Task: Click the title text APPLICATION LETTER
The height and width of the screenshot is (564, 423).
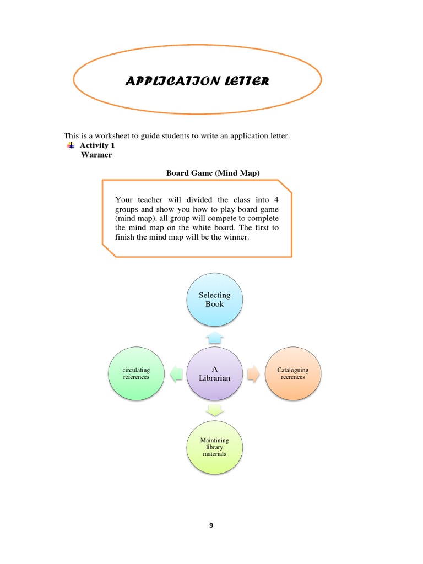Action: tap(198, 82)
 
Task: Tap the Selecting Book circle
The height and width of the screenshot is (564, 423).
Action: tap(214, 300)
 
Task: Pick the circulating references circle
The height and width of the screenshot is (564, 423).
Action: tap(136, 373)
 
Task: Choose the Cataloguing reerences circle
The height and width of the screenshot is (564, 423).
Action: tap(292, 373)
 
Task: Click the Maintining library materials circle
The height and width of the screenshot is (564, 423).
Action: tap(214, 447)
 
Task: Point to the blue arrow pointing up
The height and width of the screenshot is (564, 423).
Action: tap(214, 335)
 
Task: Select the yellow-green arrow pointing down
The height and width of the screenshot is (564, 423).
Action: tap(214, 410)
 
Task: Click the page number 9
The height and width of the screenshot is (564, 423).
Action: tap(211, 525)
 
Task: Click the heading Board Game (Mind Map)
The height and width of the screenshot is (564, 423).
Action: tap(213, 173)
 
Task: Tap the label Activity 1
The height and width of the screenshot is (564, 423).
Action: tap(97, 145)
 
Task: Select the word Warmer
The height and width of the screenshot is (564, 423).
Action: tap(96, 155)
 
